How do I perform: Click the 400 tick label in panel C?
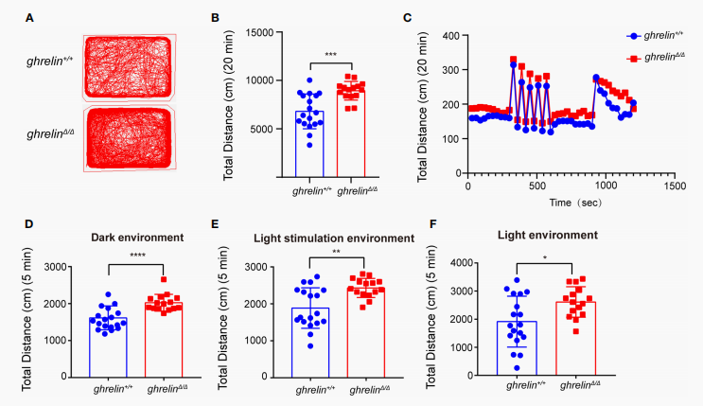coord(449,35)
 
